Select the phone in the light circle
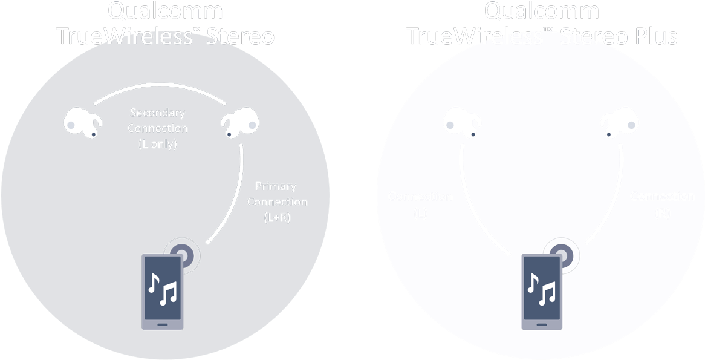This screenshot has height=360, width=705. [x=542, y=292]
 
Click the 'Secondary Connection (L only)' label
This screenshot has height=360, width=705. [x=158, y=128]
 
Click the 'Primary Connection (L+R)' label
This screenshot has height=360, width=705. [x=277, y=201]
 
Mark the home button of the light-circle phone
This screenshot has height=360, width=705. [x=541, y=325]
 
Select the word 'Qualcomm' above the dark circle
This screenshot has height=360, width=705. [x=165, y=10]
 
